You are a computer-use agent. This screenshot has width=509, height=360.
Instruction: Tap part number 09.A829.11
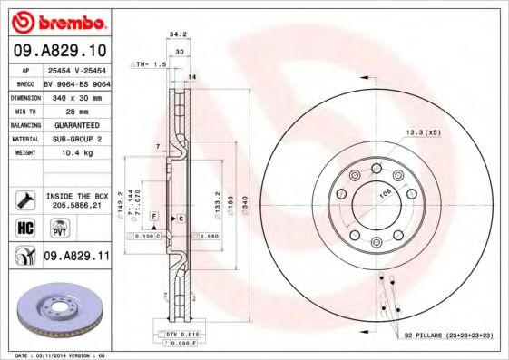tap(77, 257)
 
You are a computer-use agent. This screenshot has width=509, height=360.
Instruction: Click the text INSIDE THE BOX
tap(77, 196)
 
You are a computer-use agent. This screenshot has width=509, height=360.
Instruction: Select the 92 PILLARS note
tap(448, 336)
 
